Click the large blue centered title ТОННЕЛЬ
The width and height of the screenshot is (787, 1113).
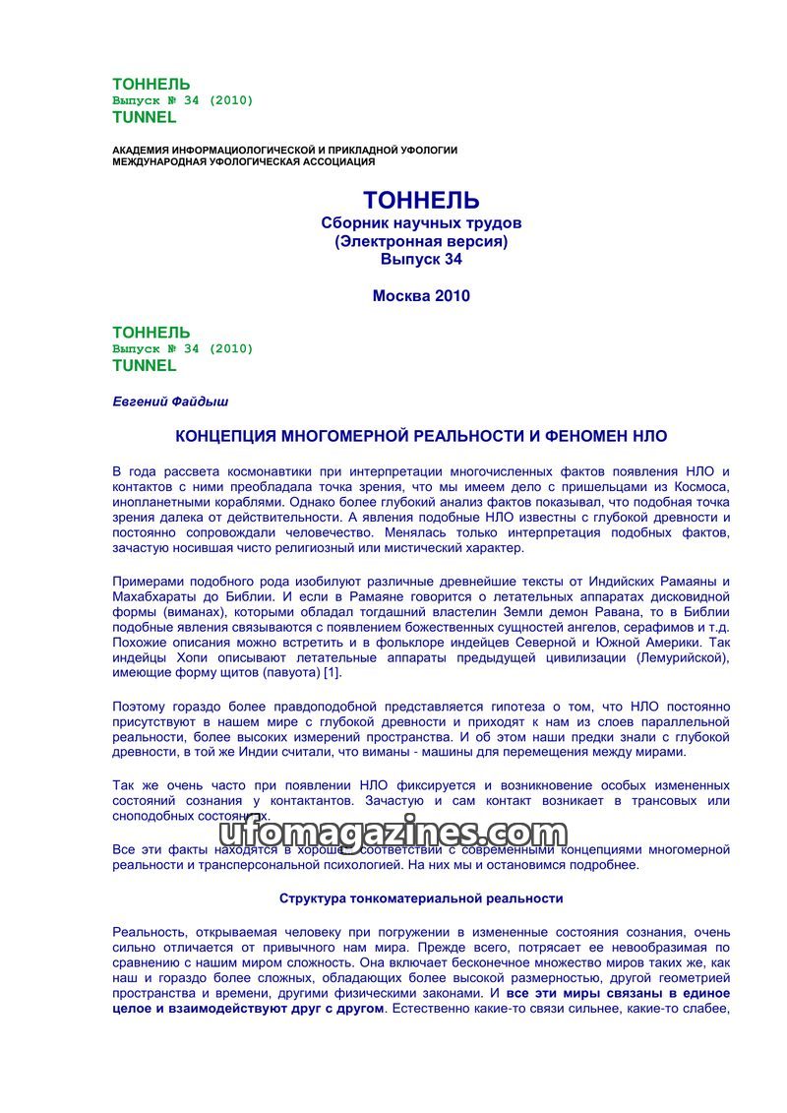(421, 201)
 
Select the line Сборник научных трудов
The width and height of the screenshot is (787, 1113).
(421, 223)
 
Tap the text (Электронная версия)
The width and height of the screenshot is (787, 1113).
(421, 241)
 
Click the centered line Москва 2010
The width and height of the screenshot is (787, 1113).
(421, 295)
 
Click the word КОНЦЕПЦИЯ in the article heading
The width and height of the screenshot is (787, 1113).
(226, 435)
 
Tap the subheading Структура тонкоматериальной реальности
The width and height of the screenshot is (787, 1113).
(421, 898)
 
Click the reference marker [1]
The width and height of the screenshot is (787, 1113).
(331, 672)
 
